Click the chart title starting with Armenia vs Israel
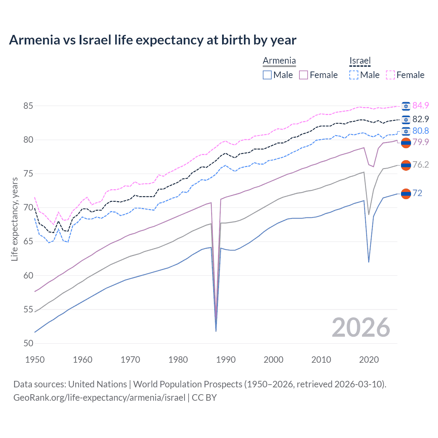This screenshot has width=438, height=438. coord(153,40)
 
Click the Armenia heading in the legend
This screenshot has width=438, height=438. coord(279,61)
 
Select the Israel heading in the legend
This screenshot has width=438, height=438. coord(360,61)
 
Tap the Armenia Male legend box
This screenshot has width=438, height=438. coord(267,75)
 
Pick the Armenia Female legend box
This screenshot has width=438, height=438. coord(304,75)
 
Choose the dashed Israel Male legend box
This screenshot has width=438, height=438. coord(354,75)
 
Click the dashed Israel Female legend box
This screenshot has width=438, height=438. coord(390,75)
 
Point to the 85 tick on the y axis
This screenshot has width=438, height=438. coord(28,106)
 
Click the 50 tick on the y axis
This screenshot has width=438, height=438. coord(28,343)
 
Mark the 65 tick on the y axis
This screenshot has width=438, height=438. coord(28,242)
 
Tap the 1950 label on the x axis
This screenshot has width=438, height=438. coord(35,360)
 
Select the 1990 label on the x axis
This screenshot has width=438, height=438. coord(226,360)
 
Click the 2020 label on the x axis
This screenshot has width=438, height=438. coord(369,360)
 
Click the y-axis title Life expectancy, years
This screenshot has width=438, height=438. coord(14,219)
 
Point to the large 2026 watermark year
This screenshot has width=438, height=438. coord(361,327)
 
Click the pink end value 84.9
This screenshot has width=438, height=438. coord(421,105)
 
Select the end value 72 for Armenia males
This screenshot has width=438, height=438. coord(417,193)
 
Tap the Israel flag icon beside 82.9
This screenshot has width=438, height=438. coord(406,119)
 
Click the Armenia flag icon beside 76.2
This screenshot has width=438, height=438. coord(406,165)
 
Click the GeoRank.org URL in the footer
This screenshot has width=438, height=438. coord(99,397)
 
